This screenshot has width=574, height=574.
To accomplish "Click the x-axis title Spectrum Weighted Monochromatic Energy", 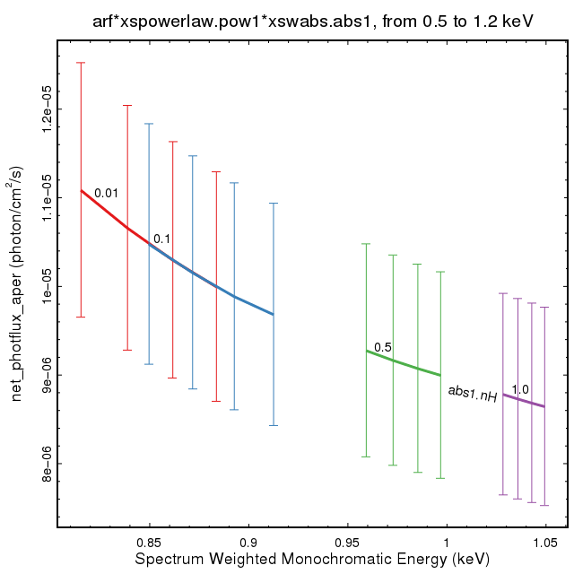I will pyautogui.click(x=313, y=559).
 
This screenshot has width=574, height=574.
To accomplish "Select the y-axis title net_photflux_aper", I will pyautogui.click(x=17, y=283).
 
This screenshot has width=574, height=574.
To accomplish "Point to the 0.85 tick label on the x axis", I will pyautogui.click(x=149, y=542).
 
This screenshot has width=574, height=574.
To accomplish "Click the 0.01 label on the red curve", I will pyautogui.click(x=106, y=193).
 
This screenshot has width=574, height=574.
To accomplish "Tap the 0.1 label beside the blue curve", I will pyautogui.click(x=162, y=239).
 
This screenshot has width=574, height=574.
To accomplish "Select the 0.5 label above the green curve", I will pyautogui.click(x=383, y=347).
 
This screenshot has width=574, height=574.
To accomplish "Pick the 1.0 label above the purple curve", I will pyautogui.click(x=520, y=388).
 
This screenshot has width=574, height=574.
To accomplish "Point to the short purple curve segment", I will pyautogui.click(x=524, y=400).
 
